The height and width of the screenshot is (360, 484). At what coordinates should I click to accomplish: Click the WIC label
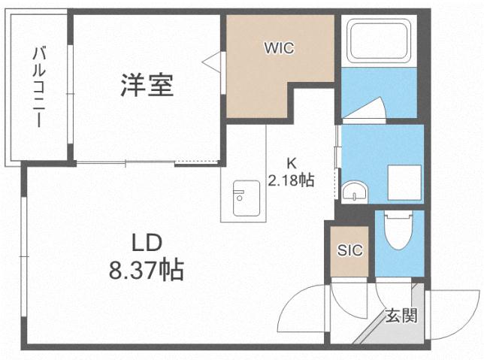277,48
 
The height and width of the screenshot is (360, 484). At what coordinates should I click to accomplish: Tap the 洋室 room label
147,85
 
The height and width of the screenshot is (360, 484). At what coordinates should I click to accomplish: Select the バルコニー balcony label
38,86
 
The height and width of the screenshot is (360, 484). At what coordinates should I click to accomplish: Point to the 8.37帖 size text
148,269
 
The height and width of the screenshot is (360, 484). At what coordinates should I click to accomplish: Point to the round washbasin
352,194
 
